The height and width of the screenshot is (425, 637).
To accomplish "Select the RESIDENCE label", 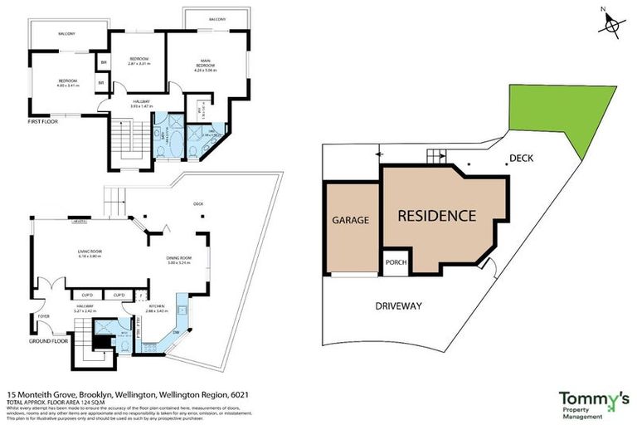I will tap(436, 216).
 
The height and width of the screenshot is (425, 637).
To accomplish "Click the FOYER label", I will tap(42, 316).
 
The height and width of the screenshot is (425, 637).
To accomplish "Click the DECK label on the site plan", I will tap(521, 157).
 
